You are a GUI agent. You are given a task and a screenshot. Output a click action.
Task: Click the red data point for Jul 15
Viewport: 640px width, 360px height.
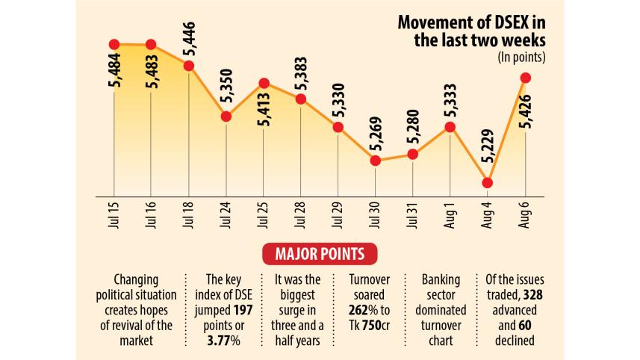(114, 45)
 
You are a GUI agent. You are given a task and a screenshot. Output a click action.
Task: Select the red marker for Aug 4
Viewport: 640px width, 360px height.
(487, 182)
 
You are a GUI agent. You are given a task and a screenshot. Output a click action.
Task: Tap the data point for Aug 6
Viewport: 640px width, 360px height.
(525, 78)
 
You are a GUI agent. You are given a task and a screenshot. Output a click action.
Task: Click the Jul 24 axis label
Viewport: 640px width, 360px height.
(226, 217)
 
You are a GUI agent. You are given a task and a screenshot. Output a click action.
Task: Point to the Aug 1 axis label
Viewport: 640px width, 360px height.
(450, 217)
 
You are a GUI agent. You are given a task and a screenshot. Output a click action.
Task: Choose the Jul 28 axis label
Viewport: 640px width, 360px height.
(300, 217)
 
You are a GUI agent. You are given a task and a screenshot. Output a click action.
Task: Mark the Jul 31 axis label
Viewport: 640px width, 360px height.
(413, 217)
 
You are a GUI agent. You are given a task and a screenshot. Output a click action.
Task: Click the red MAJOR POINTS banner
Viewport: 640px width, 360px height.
(320, 254)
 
